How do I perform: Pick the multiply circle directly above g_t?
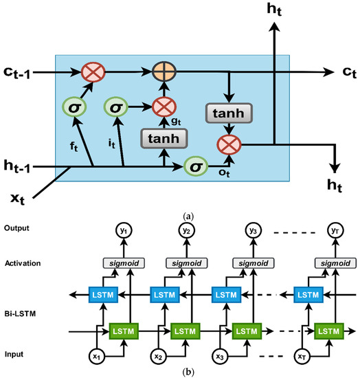[163, 107]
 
